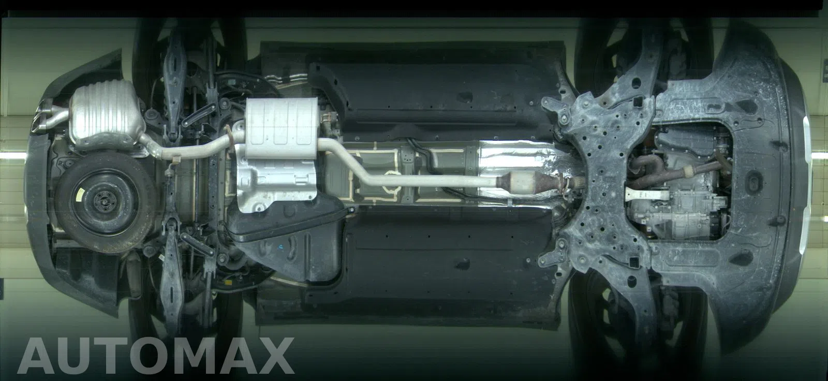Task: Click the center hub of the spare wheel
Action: pos(102,203)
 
